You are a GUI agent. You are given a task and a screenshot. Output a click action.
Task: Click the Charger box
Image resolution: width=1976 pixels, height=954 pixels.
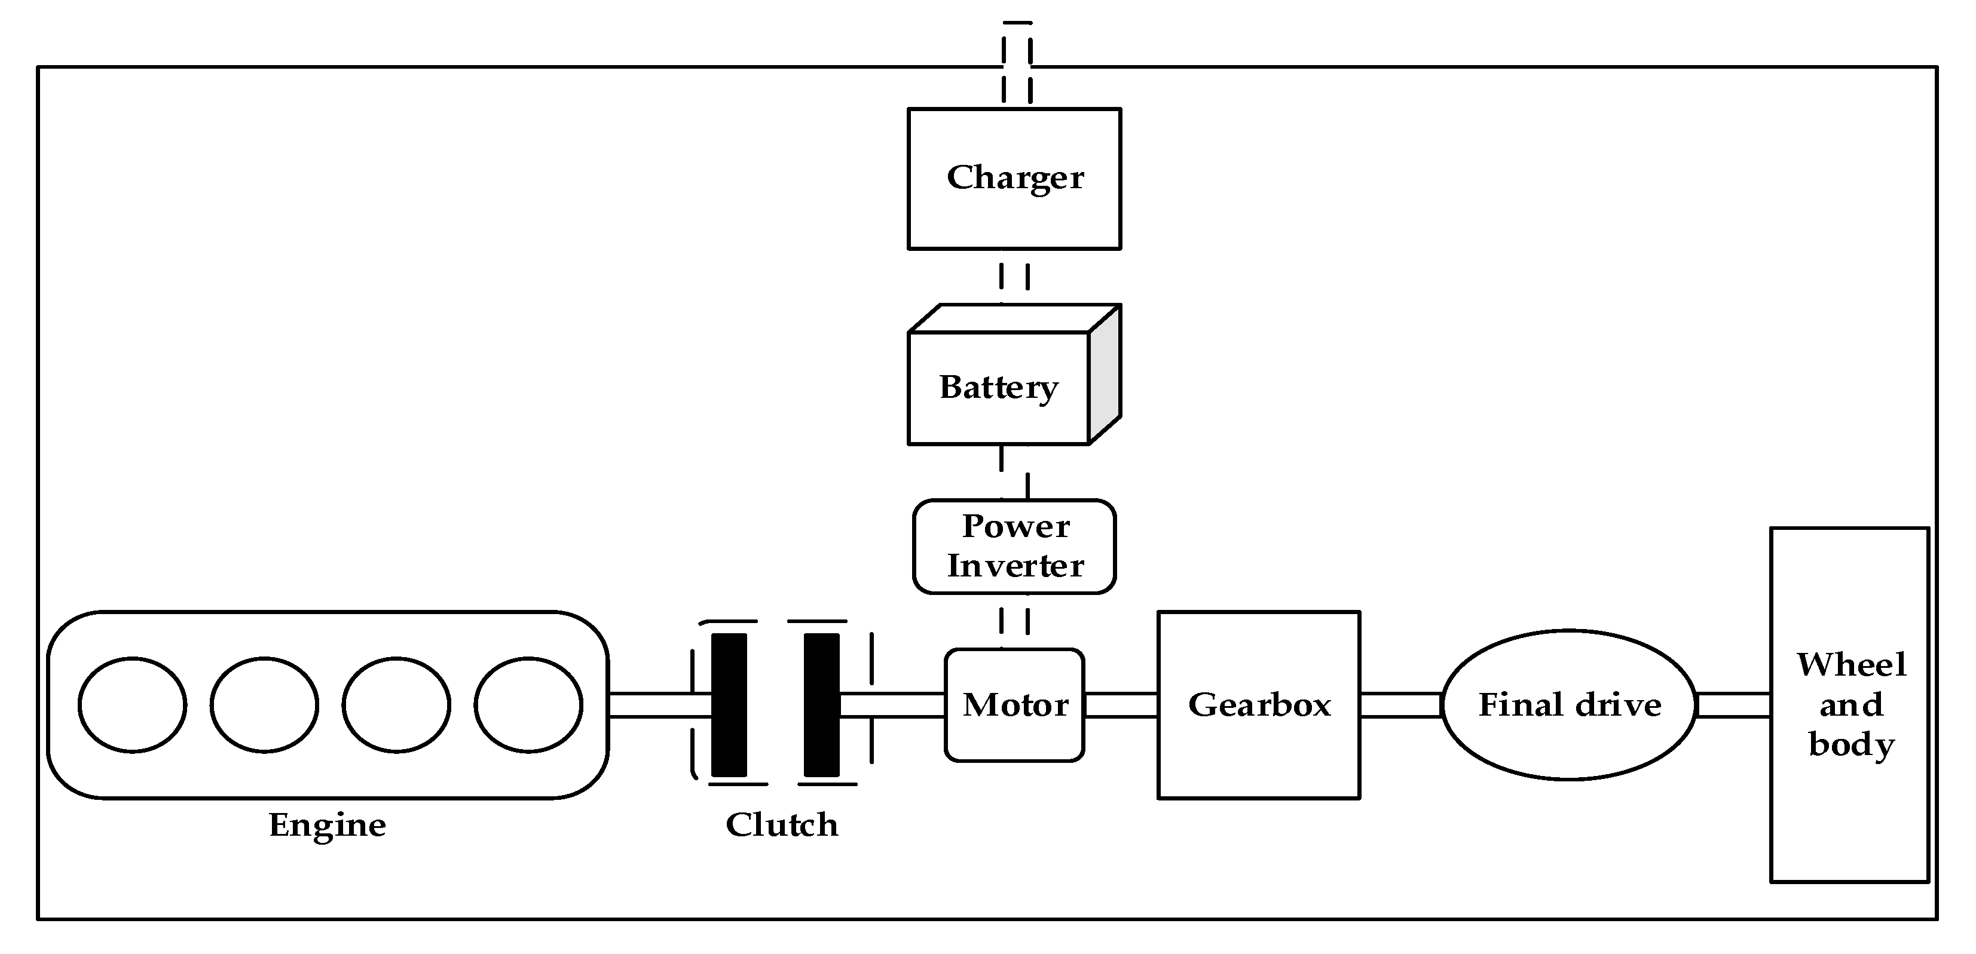1014,178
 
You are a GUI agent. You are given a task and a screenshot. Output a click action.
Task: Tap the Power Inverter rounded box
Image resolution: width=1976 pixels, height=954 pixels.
1014,546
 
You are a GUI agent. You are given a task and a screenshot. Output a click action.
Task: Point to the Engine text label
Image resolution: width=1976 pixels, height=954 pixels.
328,825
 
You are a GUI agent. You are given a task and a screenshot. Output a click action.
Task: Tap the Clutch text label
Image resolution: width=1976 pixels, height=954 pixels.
782,825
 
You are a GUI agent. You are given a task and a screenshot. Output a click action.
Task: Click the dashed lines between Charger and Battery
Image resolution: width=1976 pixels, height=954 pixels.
1014,276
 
